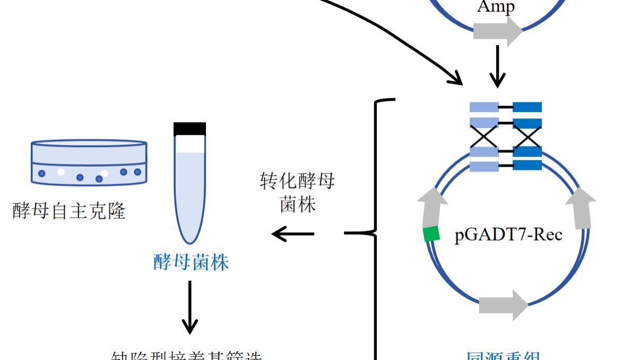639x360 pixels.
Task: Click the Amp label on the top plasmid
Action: point(496,7)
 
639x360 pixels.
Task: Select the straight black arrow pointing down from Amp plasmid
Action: point(497,66)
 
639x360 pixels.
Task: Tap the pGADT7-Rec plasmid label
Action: point(508,234)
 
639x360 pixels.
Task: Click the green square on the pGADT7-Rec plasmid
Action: point(431,234)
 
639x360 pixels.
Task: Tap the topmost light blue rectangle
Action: point(484,107)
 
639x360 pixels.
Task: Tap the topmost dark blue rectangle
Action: point(527,107)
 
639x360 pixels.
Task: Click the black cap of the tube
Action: point(189,128)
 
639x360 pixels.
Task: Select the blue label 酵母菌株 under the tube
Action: point(191,262)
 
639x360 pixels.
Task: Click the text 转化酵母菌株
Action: point(297,192)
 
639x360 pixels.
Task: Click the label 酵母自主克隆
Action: point(69,211)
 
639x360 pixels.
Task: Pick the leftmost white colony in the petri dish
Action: point(61,172)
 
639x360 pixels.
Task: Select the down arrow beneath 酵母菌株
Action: point(190,308)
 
